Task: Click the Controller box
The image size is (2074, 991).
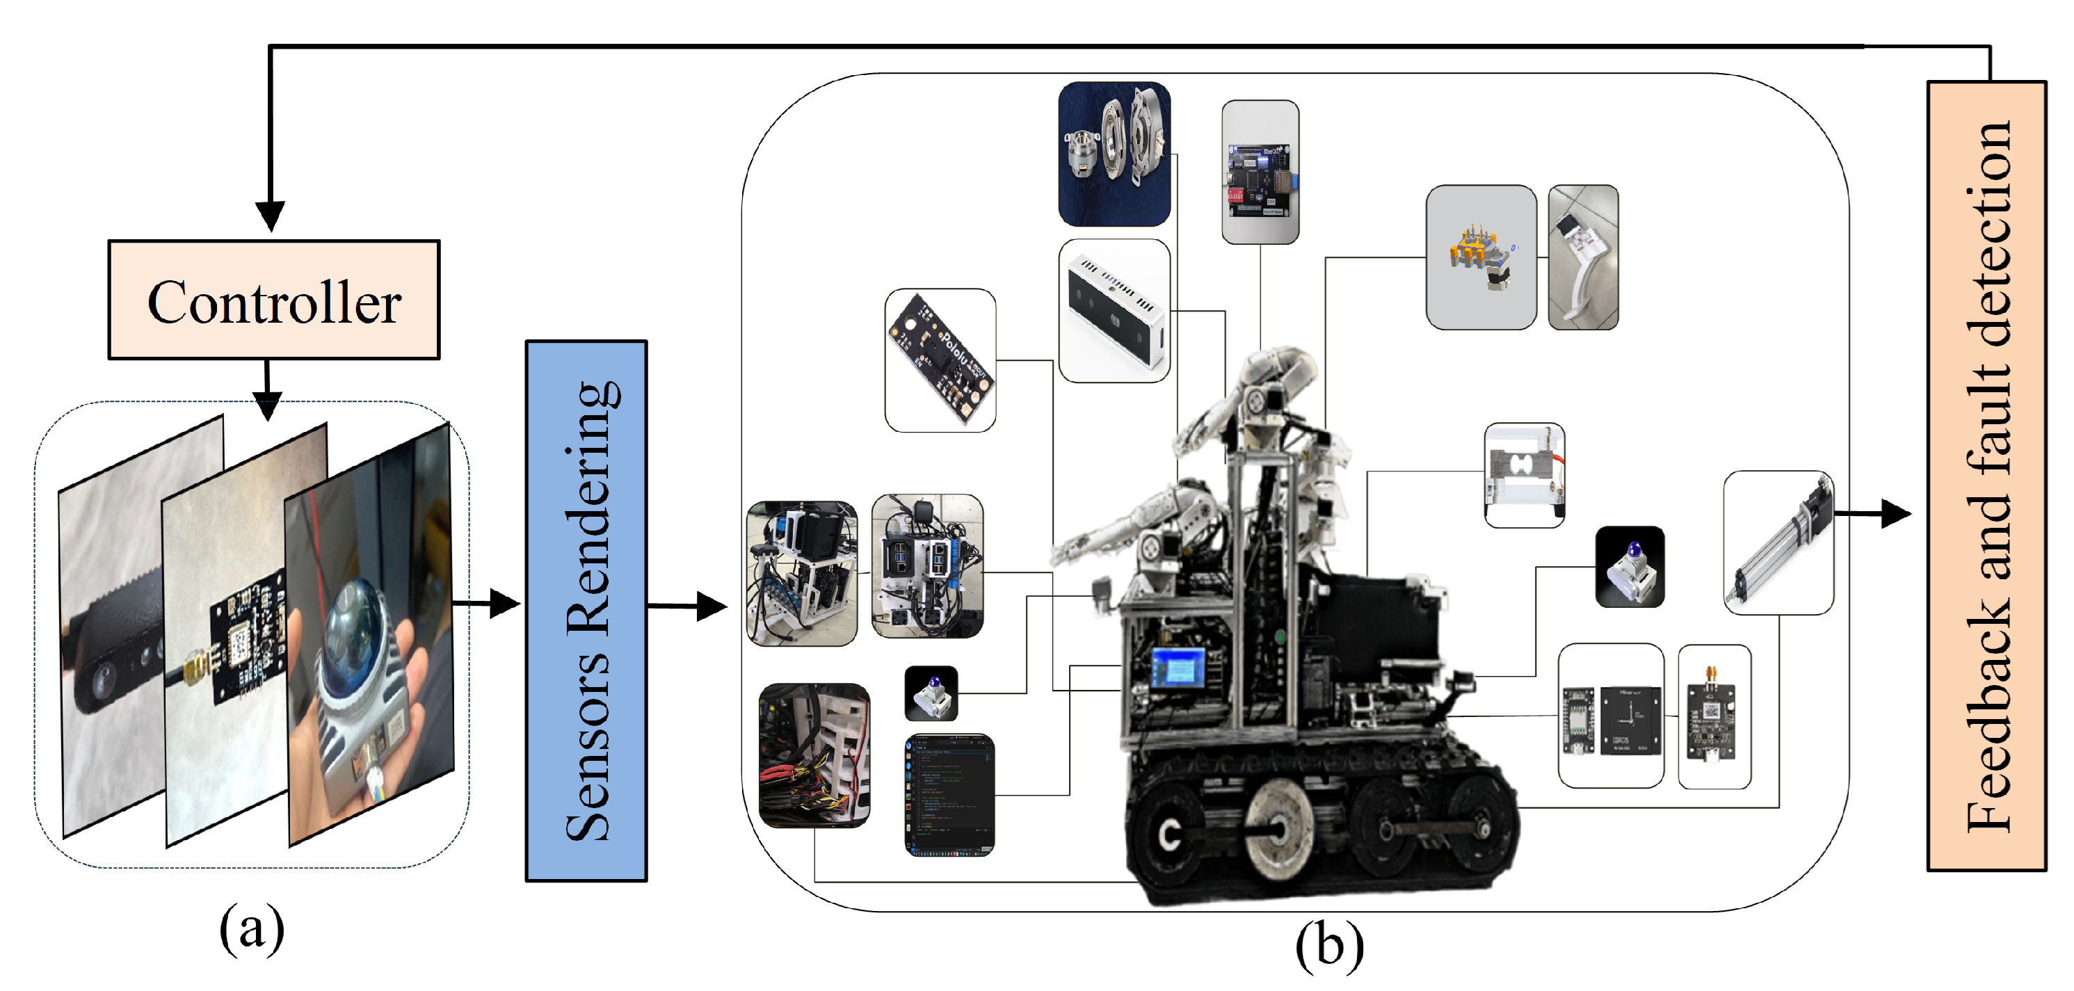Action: pos(274,300)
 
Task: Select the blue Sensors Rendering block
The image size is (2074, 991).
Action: pos(586,610)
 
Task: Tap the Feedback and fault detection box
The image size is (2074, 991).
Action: pos(1986,475)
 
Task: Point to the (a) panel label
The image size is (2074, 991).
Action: pos(251,928)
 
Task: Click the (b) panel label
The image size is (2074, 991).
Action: pos(1329,945)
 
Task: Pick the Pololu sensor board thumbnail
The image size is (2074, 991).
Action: pos(940,360)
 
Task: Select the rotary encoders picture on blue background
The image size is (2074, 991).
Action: pos(1114,153)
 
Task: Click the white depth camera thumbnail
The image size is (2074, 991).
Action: pos(1114,310)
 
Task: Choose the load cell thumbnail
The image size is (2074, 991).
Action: pos(1524,475)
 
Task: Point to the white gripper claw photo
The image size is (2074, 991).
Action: pos(1582,257)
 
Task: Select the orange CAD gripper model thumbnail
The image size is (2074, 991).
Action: pos(1481,257)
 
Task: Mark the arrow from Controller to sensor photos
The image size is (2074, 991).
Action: pos(266,389)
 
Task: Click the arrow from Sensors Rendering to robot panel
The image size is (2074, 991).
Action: pos(689,606)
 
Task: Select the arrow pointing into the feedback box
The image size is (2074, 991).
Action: pos(1876,513)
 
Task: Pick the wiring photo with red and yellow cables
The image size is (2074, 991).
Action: pos(814,755)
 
